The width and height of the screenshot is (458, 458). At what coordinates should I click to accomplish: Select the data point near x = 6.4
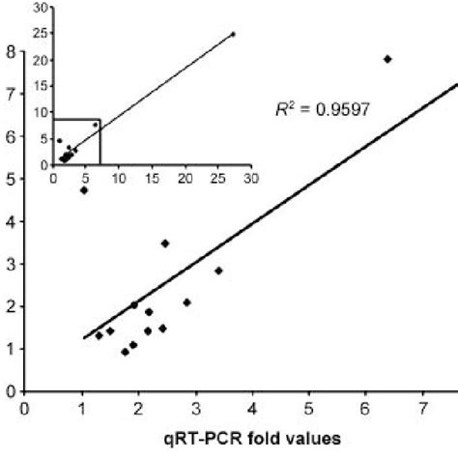[x=387, y=59]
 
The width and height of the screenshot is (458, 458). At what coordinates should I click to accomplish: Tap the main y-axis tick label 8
[x=11, y=51]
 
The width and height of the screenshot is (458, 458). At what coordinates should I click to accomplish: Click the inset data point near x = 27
[x=233, y=34]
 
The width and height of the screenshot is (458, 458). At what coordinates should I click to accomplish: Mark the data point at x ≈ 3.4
[x=218, y=271]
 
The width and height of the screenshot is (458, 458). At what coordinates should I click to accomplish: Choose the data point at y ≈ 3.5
[x=165, y=243]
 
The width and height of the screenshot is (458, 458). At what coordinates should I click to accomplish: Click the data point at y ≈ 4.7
[x=84, y=190]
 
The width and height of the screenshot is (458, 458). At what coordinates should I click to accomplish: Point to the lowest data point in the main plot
[x=125, y=352]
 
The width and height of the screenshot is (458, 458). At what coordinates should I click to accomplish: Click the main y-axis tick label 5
[x=11, y=179]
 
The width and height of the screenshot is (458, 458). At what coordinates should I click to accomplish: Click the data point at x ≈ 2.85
[x=186, y=302]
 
